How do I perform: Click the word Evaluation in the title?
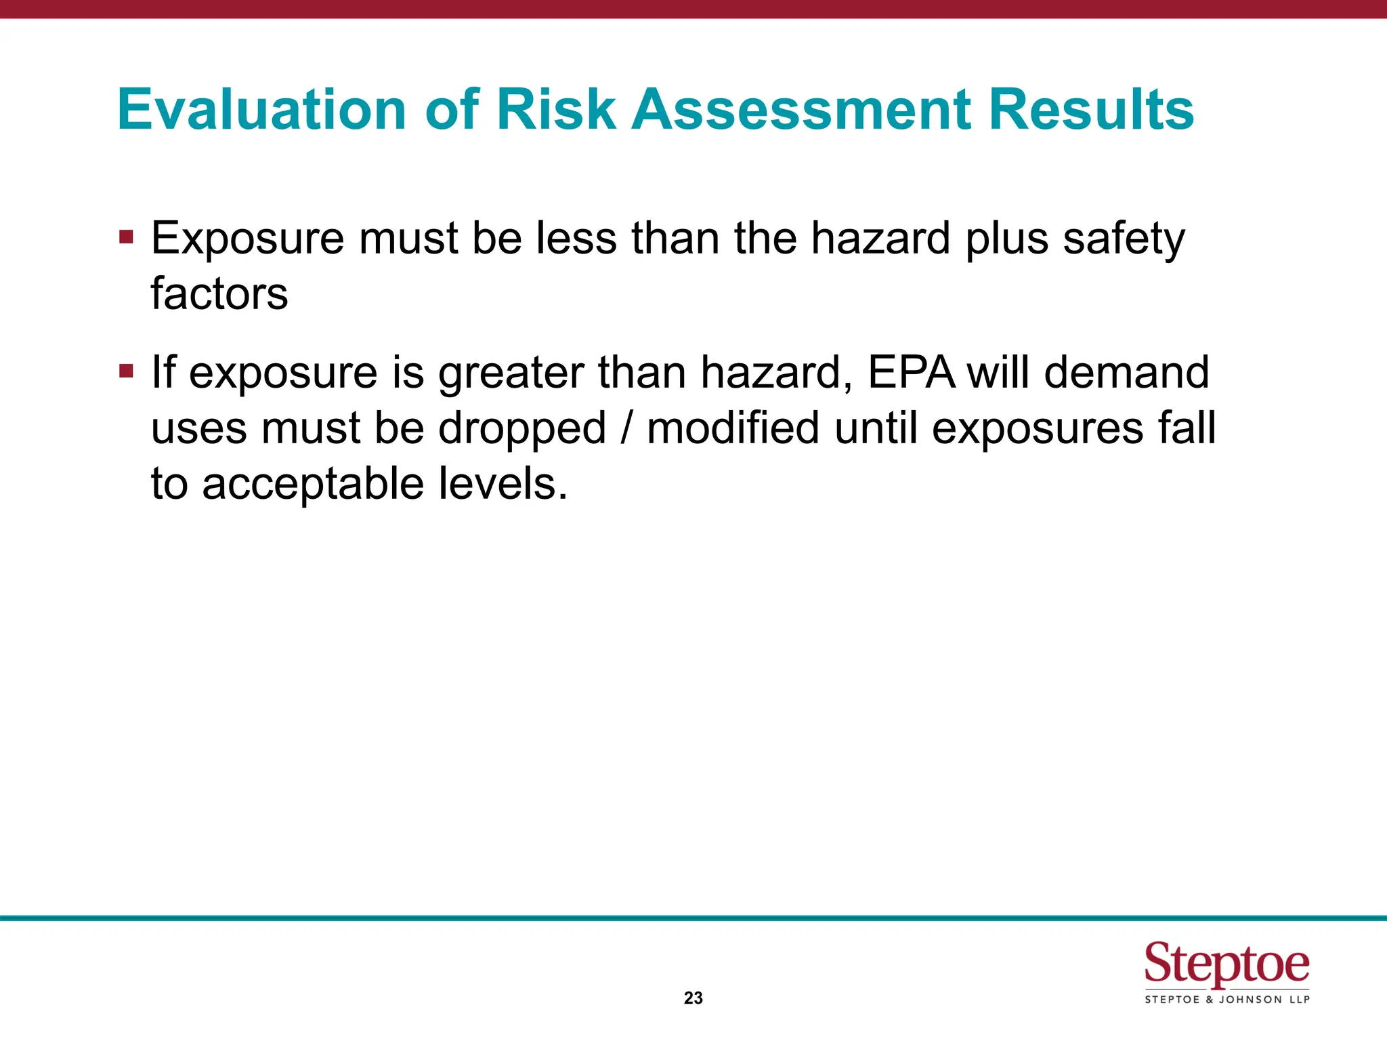pos(261,109)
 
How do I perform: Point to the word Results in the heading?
pos(1091,109)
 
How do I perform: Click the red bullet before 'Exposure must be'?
pos(126,237)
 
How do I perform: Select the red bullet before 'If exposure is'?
pos(126,371)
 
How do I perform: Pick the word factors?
pos(219,293)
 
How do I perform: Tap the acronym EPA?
pos(912,372)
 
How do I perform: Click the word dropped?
pos(521,428)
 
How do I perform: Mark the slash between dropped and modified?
pos(627,428)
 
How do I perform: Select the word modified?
pos(733,428)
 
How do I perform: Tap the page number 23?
pos(693,998)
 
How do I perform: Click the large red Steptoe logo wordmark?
pos(1226,963)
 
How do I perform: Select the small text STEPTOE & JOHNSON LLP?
pos(1226,1000)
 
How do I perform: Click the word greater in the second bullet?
pos(511,373)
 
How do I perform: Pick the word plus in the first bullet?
pos(1006,239)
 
